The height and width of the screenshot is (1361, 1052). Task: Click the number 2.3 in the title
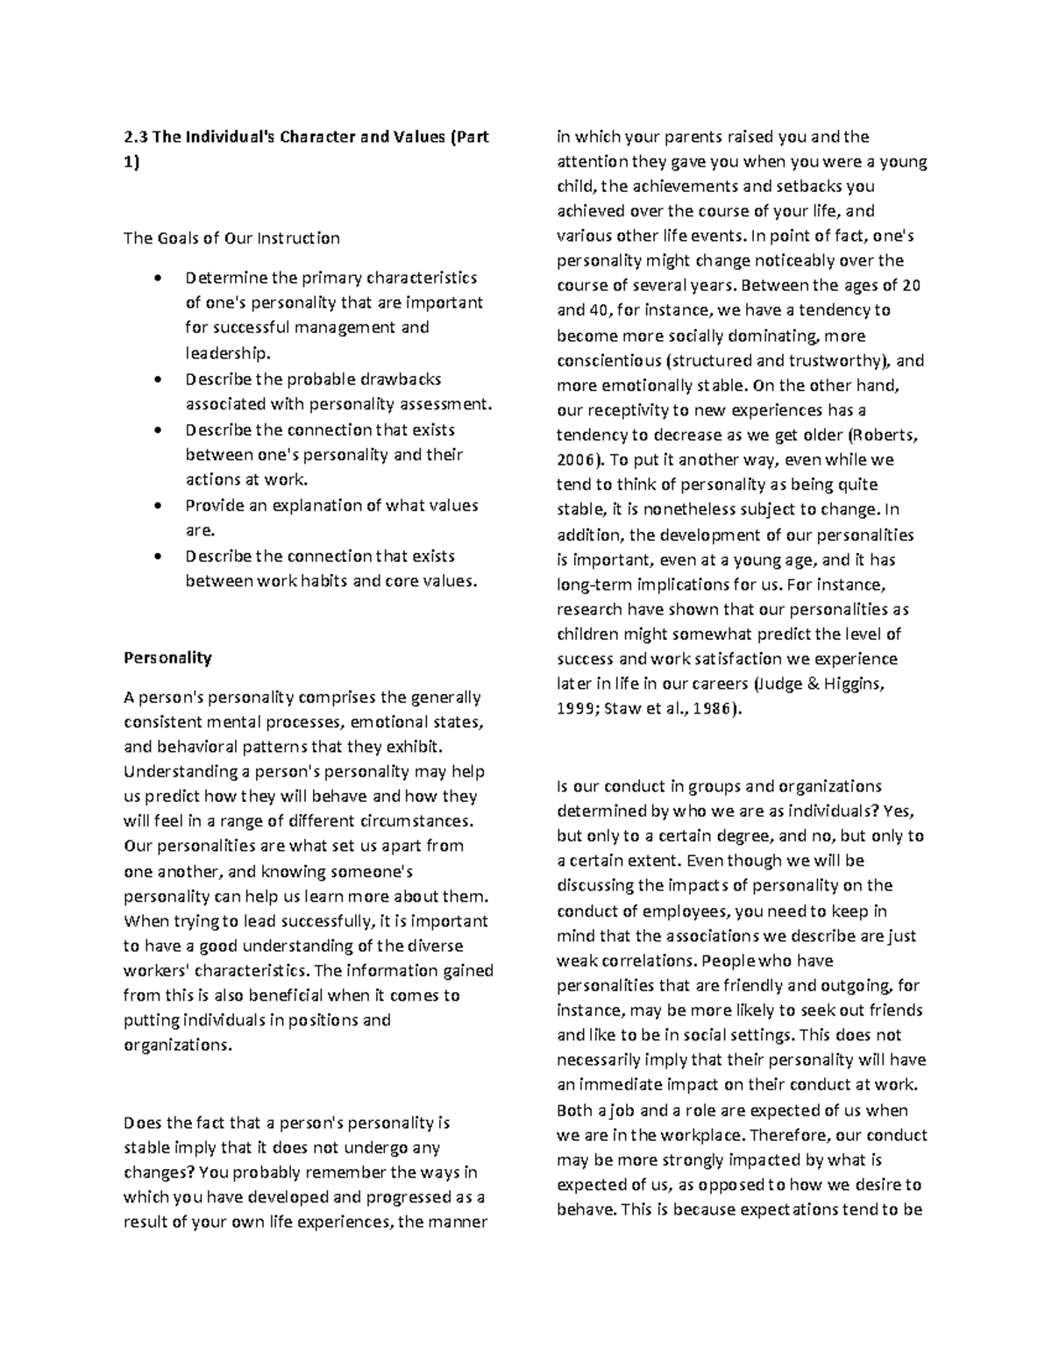click(x=136, y=137)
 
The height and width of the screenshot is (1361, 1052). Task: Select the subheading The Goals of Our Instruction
click(x=231, y=237)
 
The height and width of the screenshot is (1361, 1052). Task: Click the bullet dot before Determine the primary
click(x=157, y=279)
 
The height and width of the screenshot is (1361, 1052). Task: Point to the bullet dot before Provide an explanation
click(x=157, y=507)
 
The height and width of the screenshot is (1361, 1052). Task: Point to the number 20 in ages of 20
click(x=912, y=286)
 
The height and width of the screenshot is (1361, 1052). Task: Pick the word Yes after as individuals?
click(x=899, y=811)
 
